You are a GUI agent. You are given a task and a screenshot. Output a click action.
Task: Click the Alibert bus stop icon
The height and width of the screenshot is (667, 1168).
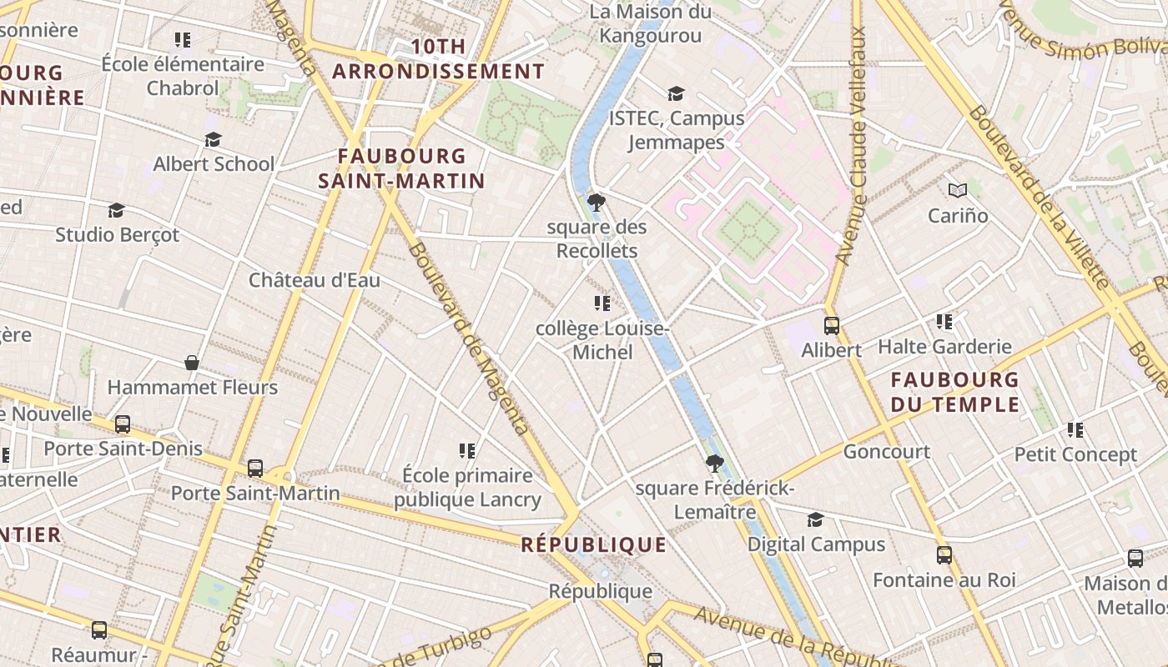(831, 325)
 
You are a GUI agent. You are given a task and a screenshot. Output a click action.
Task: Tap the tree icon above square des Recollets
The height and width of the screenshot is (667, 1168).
(596, 202)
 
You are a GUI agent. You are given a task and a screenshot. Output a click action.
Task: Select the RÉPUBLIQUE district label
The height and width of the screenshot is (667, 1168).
(593, 544)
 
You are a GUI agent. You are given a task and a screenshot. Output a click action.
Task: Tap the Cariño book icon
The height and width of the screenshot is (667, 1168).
(957, 191)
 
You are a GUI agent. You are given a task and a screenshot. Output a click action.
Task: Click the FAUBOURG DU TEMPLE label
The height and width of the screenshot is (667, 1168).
(954, 392)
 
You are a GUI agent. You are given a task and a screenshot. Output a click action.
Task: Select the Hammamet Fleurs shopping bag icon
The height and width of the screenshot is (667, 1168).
(192, 363)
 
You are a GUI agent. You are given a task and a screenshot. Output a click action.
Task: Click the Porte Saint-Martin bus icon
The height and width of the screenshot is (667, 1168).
(255, 469)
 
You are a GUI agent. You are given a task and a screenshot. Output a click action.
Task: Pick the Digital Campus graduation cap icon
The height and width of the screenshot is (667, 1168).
(815, 519)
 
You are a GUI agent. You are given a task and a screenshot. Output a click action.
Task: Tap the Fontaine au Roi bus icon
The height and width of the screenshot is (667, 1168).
(944, 554)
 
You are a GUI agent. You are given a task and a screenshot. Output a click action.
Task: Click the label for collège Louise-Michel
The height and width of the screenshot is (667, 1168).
(602, 340)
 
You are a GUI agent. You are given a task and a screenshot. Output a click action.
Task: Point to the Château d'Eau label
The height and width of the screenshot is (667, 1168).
(315, 280)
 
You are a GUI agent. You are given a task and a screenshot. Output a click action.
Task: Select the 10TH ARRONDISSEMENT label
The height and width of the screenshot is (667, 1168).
(438, 59)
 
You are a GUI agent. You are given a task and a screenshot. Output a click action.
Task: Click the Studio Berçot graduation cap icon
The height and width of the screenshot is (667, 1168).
(116, 210)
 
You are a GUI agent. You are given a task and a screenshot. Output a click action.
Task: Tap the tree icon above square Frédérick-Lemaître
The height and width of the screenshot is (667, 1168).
(713, 463)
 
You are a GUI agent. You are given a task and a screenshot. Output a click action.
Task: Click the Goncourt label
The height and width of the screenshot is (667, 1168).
(886, 452)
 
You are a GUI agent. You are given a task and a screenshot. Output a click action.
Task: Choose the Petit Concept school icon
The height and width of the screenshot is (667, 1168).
(1075, 430)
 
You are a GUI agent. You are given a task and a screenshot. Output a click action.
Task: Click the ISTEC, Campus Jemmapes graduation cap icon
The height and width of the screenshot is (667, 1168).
(676, 93)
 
